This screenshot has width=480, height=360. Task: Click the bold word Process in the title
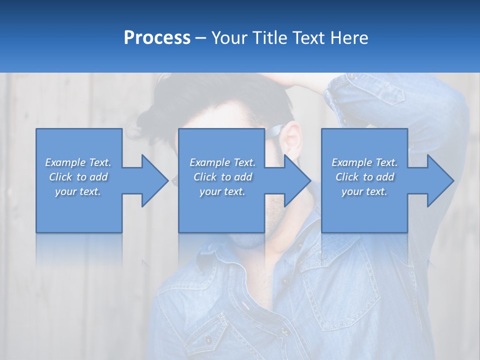157,38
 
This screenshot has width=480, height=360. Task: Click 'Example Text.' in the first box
78,162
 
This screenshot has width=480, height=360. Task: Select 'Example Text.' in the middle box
222,162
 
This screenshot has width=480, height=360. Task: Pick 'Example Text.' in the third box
364,162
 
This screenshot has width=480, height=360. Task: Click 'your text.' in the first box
78,191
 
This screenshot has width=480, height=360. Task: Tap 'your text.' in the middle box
222,191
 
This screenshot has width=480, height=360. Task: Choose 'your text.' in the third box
364,191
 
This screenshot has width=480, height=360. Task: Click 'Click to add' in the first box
78,177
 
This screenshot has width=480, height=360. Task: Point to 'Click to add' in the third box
364,177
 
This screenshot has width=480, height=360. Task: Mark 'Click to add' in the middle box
222,177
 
